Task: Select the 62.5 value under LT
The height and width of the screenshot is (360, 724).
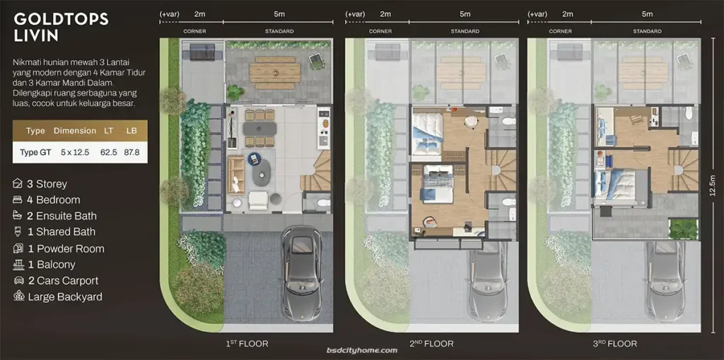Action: point(108,152)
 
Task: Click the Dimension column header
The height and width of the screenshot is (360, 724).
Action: point(74,131)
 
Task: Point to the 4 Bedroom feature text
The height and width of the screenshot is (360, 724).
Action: point(53,200)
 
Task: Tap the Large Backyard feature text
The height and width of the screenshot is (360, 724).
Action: point(64,297)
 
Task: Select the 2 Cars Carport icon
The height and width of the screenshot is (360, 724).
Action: point(18,281)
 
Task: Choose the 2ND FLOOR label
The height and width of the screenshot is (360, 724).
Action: point(431,344)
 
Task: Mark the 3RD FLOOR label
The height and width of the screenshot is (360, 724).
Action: point(614,344)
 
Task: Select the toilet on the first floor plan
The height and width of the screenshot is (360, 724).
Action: point(322,203)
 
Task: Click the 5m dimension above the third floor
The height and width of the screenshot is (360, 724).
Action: point(647,14)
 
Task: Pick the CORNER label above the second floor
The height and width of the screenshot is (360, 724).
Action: point(380,31)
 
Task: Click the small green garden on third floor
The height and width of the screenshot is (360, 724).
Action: point(684,228)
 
